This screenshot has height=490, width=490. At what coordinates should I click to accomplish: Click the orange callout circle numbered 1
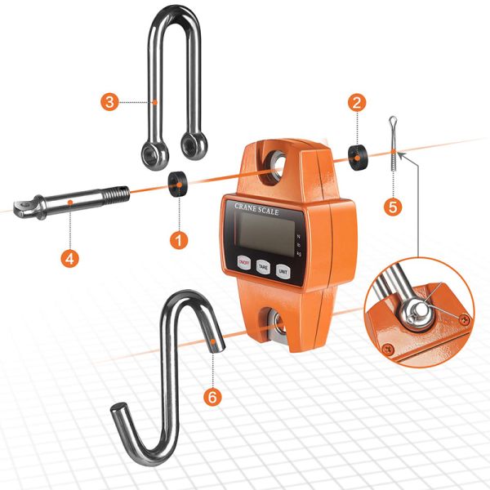(179, 241)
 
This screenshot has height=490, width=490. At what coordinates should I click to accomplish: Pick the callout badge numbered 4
(71, 258)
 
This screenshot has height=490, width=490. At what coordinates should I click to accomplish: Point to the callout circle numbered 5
(394, 207)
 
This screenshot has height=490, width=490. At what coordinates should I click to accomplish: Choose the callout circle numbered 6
(213, 398)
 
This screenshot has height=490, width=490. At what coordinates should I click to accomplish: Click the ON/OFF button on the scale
(243, 262)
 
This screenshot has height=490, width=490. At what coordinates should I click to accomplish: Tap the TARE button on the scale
(263, 265)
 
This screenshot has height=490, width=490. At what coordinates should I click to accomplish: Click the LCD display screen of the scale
(262, 233)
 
